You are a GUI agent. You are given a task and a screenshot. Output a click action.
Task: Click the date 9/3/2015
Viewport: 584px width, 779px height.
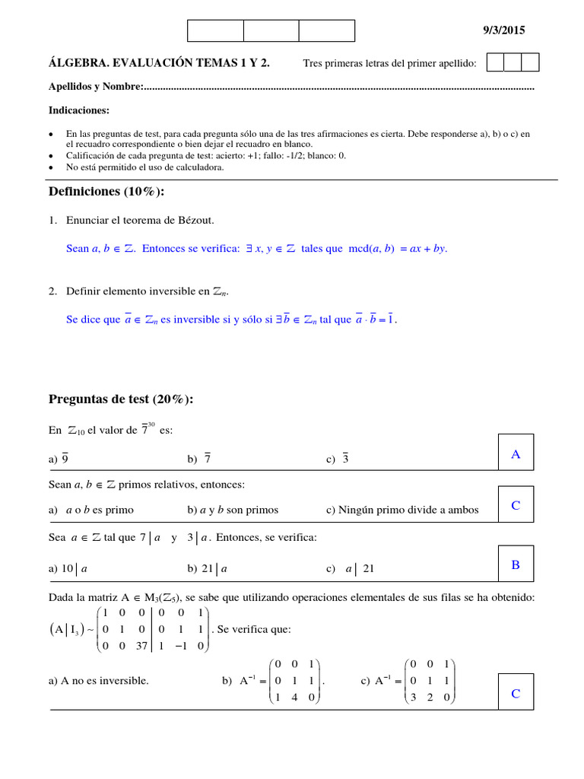(504, 30)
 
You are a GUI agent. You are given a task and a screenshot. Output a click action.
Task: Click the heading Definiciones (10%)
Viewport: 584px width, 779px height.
(106, 191)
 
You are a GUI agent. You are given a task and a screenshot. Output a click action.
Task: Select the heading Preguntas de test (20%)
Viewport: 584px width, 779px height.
(121, 399)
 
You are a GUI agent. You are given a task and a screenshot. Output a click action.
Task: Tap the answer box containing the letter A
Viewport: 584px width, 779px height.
(516, 453)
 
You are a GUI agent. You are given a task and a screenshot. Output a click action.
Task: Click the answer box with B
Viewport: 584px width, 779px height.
(516, 564)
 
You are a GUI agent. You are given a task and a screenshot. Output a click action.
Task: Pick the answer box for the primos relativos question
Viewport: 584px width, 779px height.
(516, 505)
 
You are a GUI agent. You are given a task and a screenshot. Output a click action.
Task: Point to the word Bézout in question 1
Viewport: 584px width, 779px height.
(195, 221)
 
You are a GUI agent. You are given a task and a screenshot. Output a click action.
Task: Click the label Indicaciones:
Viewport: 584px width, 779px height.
(79, 110)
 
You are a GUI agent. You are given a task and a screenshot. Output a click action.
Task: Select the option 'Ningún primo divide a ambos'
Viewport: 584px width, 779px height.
(402, 510)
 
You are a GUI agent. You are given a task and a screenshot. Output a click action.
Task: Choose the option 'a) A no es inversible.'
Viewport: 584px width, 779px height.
(98, 681)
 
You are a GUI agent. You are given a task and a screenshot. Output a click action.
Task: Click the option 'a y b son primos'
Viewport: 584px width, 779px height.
(233, 510)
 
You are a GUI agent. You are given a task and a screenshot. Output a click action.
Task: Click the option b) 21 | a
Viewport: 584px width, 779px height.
(208, 568)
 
